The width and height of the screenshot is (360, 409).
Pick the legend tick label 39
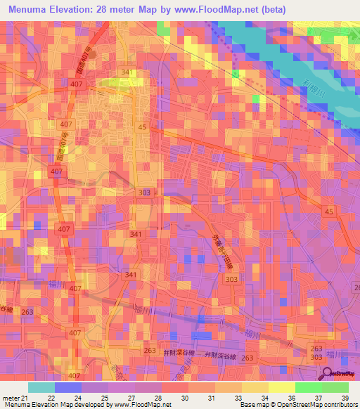pos(346,397)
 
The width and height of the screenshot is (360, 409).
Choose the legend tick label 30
pos(185,397)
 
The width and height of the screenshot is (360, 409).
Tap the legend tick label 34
pos(265,397)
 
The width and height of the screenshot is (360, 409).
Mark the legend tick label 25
pos(104,397)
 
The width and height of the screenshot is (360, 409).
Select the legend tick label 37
pos(319,397)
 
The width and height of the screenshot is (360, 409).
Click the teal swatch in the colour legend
pos(41,387)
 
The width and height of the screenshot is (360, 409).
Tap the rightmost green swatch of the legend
pos(335,387)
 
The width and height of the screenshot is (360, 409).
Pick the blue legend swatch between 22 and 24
pos(68,387)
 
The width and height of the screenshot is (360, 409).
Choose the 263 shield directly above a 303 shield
pos(316,349)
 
